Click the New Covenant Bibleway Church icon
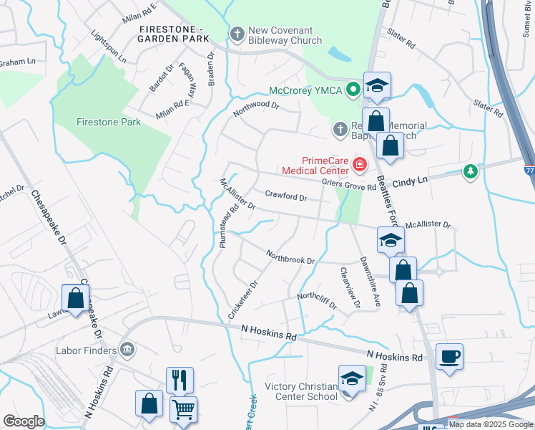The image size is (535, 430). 237,34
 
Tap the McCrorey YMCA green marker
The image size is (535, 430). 352,90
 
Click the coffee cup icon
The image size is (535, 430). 449,357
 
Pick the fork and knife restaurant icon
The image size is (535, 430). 180,379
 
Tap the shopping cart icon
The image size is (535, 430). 183,408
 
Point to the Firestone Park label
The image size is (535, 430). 109,122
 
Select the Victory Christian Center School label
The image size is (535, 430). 301,391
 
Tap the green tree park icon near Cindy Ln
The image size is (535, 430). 470,171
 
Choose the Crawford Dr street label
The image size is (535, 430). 285,196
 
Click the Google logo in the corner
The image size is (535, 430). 24,421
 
